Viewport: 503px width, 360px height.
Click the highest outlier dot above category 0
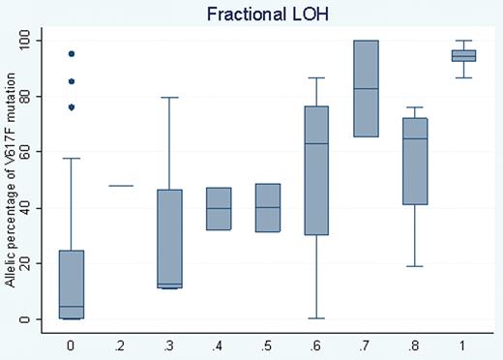71,54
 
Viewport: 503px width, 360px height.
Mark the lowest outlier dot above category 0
71,107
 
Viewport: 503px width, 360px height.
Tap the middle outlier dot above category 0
71,81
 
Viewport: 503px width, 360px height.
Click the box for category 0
71,281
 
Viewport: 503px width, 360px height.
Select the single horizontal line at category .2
116,185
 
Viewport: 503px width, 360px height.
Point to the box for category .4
219,208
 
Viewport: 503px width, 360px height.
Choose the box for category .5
268,208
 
